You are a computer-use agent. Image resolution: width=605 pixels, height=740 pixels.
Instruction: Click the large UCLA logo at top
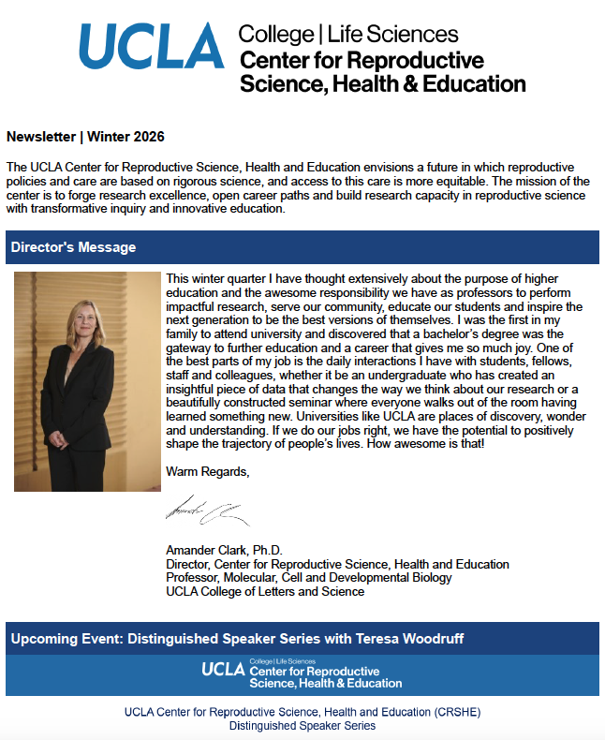click(x=152, y=47)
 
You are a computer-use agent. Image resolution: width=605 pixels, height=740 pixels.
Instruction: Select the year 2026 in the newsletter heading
click(x=147, y=137)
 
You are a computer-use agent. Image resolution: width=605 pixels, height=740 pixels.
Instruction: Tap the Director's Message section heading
click(x=73, y=247)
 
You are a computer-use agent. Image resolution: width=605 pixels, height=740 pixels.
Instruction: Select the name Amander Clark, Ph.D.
click(x=224, y=550)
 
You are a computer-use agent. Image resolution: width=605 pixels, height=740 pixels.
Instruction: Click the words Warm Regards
click(x=207, y=470)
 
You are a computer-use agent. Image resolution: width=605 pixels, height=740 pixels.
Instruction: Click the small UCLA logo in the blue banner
click(x=223, y=670)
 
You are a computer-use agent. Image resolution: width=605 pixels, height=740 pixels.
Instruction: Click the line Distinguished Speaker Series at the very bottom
click(x=302, y=726)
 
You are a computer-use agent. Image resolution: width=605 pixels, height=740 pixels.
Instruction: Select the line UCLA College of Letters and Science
click(x=265, y=591)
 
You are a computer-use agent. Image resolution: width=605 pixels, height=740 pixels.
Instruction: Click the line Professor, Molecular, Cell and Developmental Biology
click(x=308, y=577)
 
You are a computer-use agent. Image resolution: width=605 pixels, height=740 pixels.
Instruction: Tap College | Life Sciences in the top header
click(x=348, y=35)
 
